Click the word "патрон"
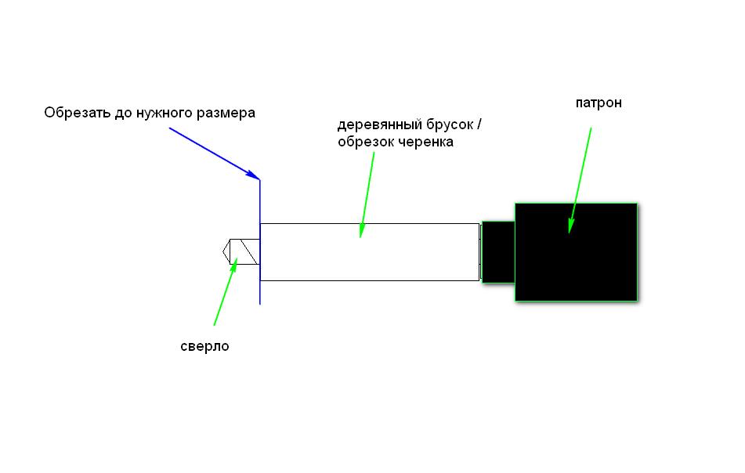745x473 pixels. [x=599, y=103]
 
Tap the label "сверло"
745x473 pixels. [x=204, y=347]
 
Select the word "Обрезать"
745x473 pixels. [x=78, y=113]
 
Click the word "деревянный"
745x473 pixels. [x=379, y=125]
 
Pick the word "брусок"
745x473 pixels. [x=450, y=125]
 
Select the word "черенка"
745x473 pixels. [x=425, y=142]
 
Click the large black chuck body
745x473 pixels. [x=576, y=252]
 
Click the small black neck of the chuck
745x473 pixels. [x=498, y=252]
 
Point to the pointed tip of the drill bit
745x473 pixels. [x=222, y=251]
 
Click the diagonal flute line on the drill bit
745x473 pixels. [x=249, y=251]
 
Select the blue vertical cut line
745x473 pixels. [x=260, y=242]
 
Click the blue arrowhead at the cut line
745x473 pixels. [x=253, y=175]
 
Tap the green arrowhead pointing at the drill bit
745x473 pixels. [x=233, y=266]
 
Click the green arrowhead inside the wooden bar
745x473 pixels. [x=362, y=230]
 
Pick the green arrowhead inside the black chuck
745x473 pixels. [x=571, y=226]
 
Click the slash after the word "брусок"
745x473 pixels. [x=479, y=125]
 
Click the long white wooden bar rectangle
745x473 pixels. [x=370, y=252]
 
